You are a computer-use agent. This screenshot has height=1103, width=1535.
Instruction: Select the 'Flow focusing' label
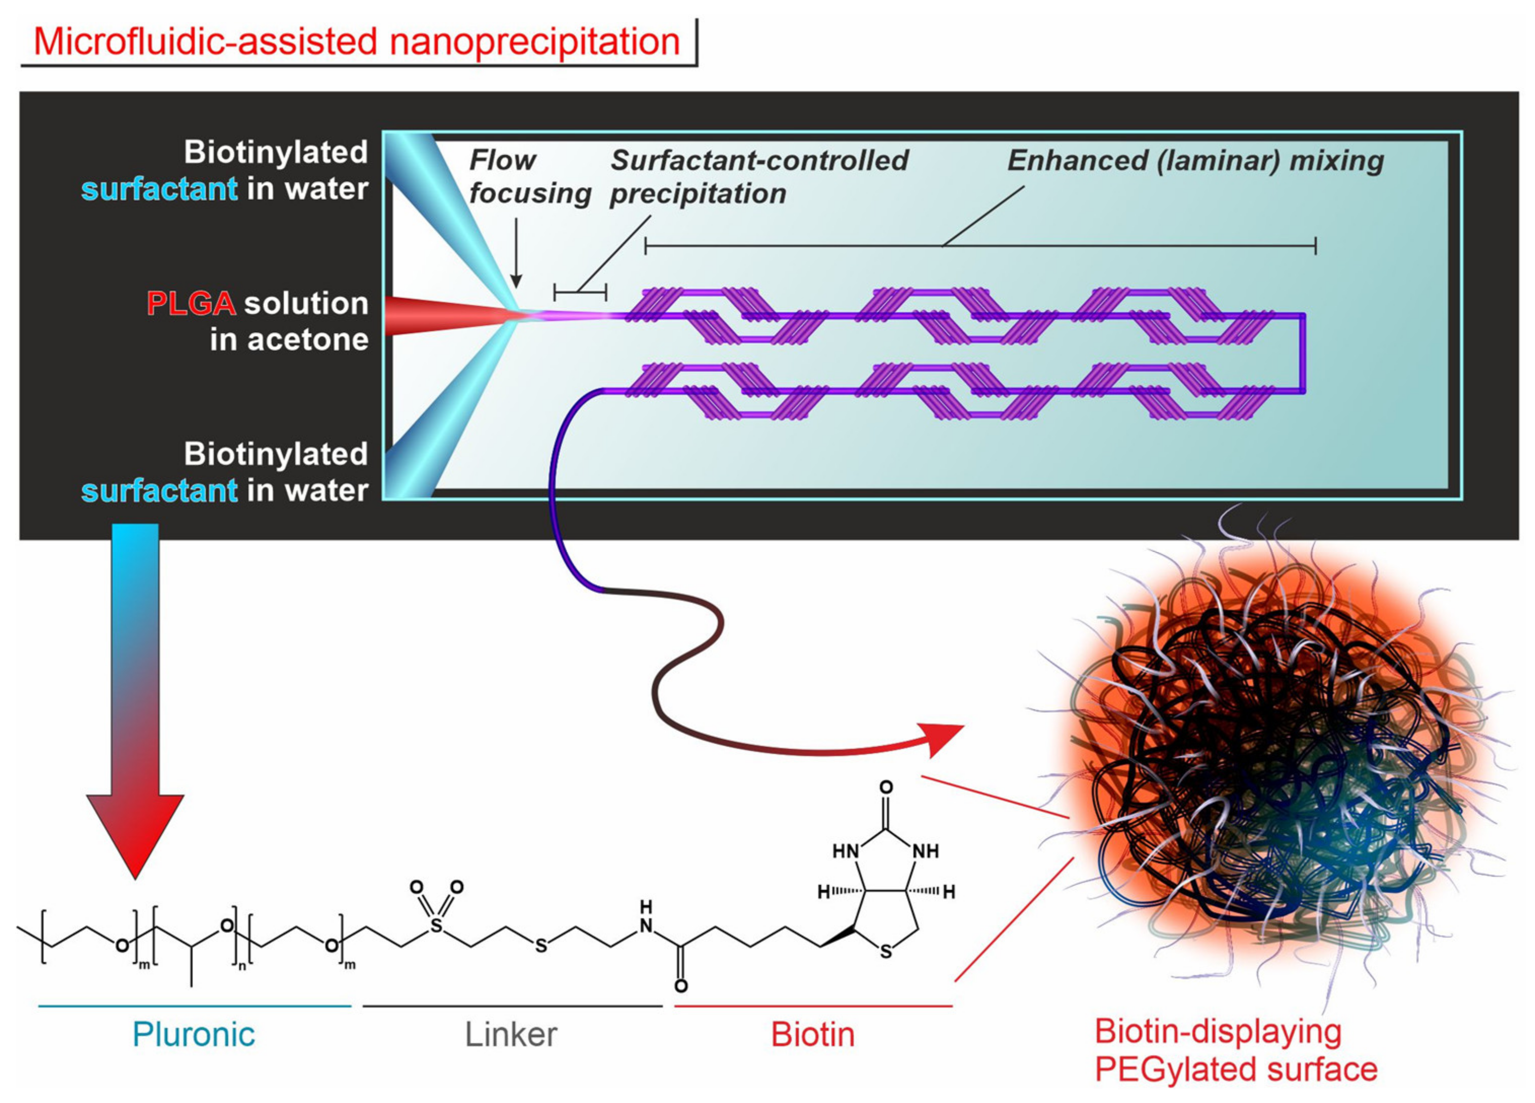[529, 177]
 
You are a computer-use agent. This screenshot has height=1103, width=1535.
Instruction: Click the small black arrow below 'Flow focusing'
[516, 254]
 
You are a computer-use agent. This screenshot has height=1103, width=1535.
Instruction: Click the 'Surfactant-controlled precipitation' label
[758, 177]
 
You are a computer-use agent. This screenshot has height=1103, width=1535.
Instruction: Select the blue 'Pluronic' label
[194, 1035]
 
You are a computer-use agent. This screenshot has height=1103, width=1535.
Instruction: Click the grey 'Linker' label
[511, 1035]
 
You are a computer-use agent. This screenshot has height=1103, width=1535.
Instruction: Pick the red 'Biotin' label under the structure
[812, 1035]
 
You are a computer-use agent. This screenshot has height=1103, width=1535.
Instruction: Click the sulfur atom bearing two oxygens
[436, 925]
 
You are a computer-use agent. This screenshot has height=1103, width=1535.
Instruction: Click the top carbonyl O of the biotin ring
[886, 787]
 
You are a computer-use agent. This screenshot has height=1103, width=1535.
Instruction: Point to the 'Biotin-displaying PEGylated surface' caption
[1235, 1051]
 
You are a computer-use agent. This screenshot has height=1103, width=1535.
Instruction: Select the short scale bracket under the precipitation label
[580, 292]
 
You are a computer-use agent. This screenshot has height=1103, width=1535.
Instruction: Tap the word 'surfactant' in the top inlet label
[159, 189]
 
